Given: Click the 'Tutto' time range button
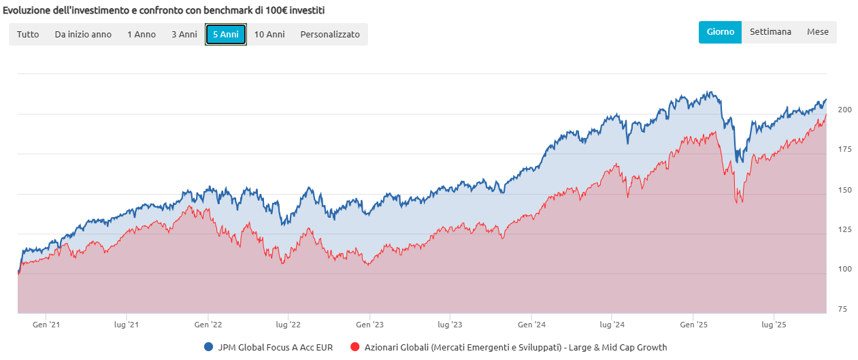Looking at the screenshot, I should (x=28, y=34).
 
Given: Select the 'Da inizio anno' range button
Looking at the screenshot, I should (x=83, y=34).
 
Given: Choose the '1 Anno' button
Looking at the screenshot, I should (x=142, y=34).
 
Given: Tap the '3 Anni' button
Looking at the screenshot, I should (x=184, y=34).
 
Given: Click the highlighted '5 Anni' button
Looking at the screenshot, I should (x=226, y=34).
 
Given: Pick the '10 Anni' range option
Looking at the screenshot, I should (x=269, y=34).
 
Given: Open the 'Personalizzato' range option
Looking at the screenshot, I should (x=330, y=34).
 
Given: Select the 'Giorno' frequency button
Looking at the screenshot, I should (x=720, y=32).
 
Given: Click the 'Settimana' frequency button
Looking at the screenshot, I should (x=770, y=32).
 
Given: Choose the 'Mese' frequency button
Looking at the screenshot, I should (x=818, y=32).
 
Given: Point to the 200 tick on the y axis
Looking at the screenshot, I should (x=844, y=110).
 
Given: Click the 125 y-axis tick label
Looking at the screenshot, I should (x=844, y=230).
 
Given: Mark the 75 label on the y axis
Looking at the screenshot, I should (x=842, y=310).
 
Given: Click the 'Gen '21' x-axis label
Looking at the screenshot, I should (x=46, y=325).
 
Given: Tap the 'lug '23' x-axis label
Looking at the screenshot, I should (x=449, y=325).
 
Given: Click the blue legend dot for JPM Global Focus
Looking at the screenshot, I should (x=209, y=347).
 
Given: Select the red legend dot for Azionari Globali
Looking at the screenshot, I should (x=354, y=347).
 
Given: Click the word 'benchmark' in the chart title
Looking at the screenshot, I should (x=209, y=11).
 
